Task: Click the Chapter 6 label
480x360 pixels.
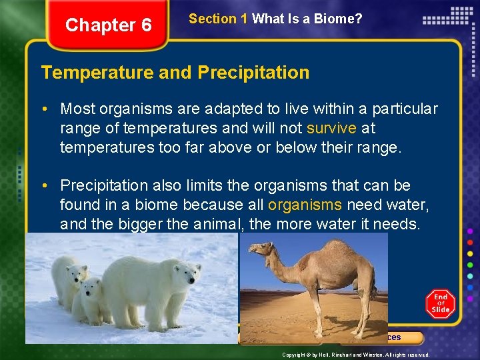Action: (109, 25)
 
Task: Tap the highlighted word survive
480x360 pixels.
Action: (331, 127)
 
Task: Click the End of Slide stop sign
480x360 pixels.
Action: (440, 304)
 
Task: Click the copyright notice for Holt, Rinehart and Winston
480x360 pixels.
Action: (355, 355)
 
